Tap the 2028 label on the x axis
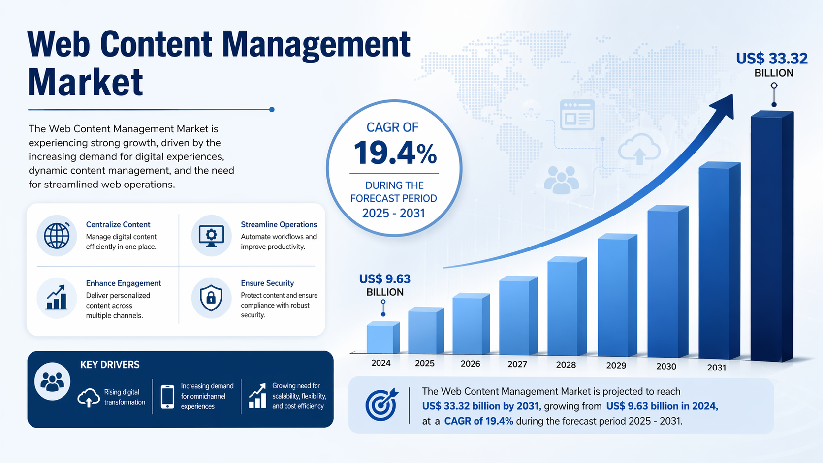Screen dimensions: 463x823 566,365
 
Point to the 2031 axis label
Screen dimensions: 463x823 716,367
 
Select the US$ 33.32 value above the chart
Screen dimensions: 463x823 771,59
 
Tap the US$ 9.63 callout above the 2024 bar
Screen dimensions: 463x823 384,279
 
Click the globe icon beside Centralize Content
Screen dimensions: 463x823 57,236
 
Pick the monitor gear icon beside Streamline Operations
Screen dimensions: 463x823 211,236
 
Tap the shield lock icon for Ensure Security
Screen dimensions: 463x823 211,298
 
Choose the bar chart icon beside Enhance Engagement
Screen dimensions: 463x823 57,298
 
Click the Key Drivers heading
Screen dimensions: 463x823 110,365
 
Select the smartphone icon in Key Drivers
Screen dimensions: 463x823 167,397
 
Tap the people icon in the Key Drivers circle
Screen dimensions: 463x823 52,381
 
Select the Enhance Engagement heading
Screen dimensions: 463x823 123,283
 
